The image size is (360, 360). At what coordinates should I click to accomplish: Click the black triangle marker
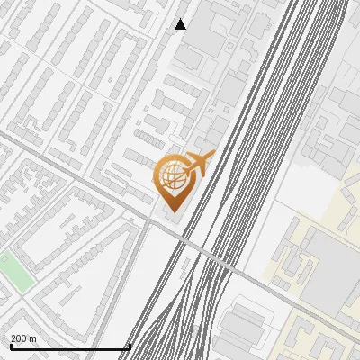click(181, 24)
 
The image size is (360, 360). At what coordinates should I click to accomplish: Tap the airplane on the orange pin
click(200, 163)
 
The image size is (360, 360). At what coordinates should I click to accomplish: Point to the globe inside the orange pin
click(171, 176)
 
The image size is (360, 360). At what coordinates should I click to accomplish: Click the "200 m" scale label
click(23, 338)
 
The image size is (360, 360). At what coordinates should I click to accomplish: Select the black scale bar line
click(70, 347)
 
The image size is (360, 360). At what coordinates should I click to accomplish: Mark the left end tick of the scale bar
click(11, 346)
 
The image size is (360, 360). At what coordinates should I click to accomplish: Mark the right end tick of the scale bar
click(130, 346)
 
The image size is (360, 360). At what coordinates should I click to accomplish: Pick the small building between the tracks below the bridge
click(193, 333)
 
